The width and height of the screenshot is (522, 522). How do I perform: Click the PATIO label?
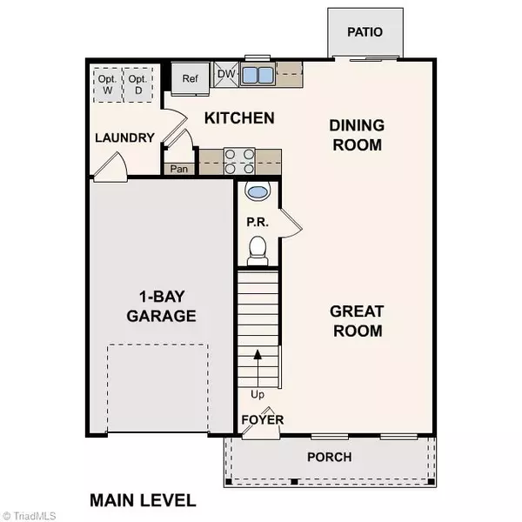click(365, 32)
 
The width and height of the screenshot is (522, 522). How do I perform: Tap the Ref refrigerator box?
click(191, 78)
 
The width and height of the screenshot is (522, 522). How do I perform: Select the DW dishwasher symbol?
click(225, 74)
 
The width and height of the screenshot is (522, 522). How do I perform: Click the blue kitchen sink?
click(257, 75)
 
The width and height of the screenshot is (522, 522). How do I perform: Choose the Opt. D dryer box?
click(137, 81)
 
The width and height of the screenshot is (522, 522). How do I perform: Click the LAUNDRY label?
click(124, 137)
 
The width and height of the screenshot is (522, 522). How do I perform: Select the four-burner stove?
click(239, 160)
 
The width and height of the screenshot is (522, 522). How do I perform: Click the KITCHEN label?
click(239, 117)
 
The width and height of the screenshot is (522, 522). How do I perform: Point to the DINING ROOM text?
click(356, 135)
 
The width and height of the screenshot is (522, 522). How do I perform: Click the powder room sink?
click(258, 191)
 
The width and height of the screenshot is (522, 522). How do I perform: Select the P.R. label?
click(256, 221)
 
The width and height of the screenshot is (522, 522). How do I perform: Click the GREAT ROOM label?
click(357, 320)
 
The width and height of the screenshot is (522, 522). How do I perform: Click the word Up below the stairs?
click(257, 394)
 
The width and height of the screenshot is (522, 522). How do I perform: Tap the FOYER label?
click(262, 419)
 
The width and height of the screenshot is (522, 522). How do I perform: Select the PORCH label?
click(330, 457)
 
